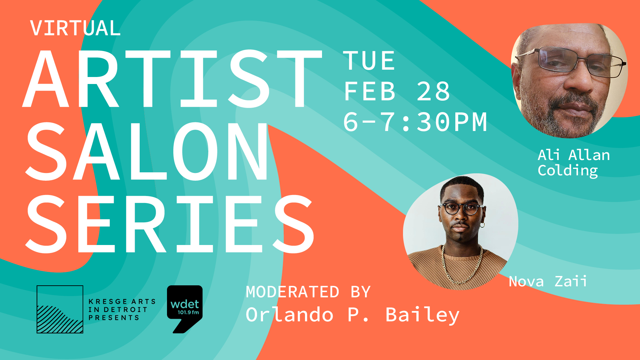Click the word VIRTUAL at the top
[x=75, y=28]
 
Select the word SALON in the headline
[x=147, y=151]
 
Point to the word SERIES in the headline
[x=170, y=224]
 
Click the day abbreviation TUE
[x=369, y=61]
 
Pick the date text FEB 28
[x=397, y=91]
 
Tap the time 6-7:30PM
[x=415, y=122]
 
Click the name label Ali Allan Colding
[x=574, y=163]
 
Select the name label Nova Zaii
[x=548, y=281]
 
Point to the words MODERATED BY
[x=308, y=292]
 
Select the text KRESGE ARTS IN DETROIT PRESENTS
[x=122, y=310]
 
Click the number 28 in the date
[x=433, y=91]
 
